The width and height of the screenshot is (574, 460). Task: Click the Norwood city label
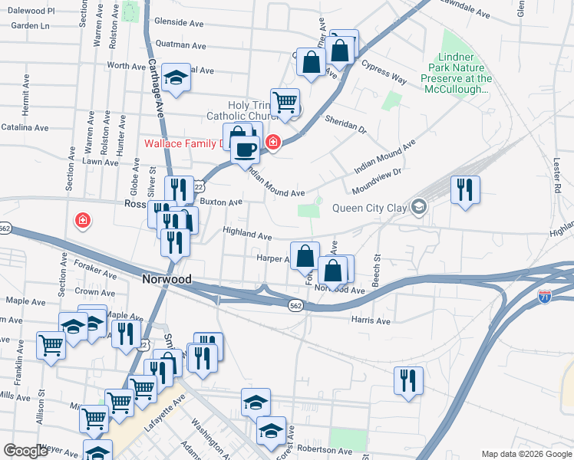point(167,280)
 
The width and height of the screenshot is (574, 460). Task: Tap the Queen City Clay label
point(371,208)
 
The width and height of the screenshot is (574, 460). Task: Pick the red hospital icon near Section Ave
point(82,222)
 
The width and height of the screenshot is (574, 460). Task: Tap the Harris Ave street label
point(371,320)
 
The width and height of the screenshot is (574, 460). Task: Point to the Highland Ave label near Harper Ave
point(247,235)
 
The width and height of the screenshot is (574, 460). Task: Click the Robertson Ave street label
point(325,449)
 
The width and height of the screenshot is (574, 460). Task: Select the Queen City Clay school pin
point(418,207)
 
